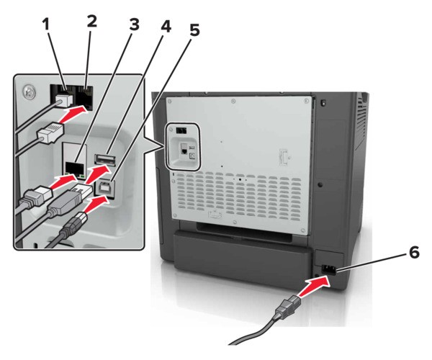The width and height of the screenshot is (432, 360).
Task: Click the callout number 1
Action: point(47,23)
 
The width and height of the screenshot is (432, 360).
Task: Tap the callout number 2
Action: point(91,21)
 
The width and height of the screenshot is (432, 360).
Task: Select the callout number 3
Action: point(134,24)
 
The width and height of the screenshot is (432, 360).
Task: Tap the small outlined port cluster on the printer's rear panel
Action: point(185,146)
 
